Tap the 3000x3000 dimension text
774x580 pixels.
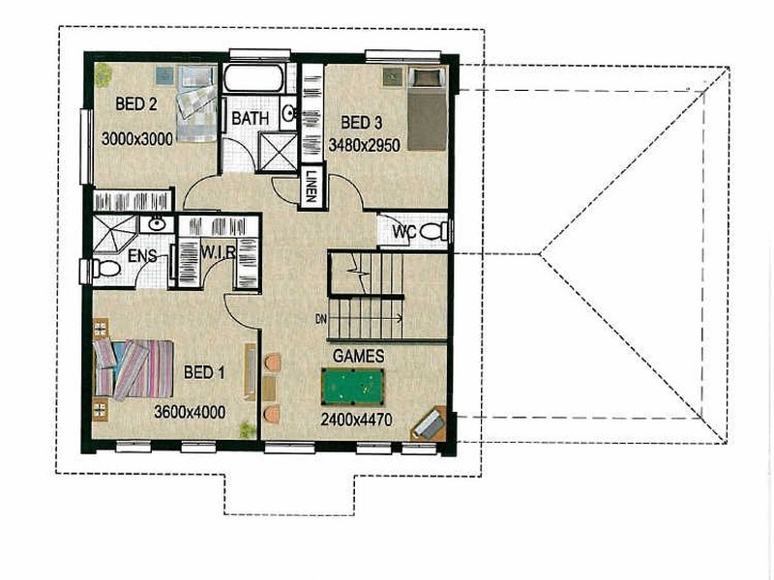click(136, 139)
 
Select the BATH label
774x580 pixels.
click(250, 120)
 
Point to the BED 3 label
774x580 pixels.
click(362, 123)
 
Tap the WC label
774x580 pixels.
click(403, 233)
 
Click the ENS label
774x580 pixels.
click(116, 258)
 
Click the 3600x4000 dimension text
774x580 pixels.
click(190, 413)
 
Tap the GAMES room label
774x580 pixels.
click(358, 357)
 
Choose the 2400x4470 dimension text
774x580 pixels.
click(358, 420)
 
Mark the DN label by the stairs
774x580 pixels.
click(321, 319)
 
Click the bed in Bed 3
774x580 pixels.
click(427, 108)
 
